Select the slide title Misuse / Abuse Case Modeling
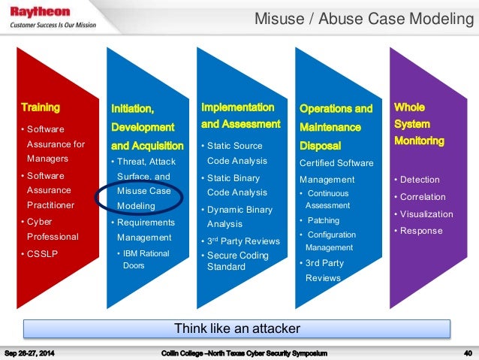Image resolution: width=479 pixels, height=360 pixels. [x=364, y=17]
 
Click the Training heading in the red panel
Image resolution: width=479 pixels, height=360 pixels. [x=41, y=107]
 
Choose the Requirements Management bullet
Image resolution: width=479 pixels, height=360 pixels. [x=144, y=230]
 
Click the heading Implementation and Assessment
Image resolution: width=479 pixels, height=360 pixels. [x=240, y=116]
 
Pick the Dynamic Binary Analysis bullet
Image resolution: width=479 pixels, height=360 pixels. [x=240, y=216]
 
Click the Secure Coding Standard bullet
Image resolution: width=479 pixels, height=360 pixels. [x=239, y=260]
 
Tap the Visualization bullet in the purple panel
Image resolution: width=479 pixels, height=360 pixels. [x=426, y=214]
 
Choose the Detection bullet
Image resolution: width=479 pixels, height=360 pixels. [x=420, y=180]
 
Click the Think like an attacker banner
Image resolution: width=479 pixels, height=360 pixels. [x=237, y=328]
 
